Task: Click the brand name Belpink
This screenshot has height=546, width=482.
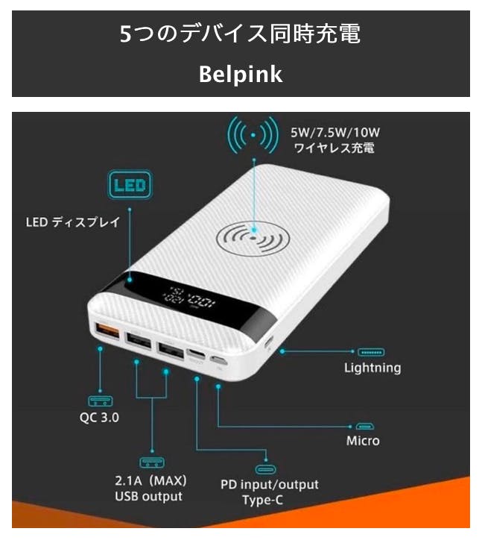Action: coord(241,74)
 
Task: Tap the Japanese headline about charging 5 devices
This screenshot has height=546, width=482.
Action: coord(240,34)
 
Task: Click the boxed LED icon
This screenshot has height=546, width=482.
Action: coord(130,184)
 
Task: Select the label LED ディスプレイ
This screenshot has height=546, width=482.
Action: coord(73,222)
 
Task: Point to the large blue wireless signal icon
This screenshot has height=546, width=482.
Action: coord(253,135)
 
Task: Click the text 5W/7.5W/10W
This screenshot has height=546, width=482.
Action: coord(335,132)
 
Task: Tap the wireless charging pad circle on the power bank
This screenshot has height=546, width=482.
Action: coord(253,238)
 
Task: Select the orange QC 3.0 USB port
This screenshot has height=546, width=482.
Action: coord(107,331)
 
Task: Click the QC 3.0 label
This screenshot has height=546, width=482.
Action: coord(99,417)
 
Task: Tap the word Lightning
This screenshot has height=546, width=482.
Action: coord(372,368)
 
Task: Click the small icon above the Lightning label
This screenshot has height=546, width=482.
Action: coord(371,352)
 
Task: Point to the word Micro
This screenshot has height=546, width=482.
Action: coord(363,441)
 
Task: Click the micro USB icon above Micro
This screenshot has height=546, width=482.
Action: coord(364,426)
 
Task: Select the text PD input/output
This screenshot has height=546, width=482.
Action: coord(270,484)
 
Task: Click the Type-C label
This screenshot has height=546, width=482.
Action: coord(262,501)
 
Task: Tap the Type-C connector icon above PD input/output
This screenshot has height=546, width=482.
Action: coord(266,469)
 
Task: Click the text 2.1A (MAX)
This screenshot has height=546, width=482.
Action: coord(150,481)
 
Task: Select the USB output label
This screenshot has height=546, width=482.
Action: coord(148,496)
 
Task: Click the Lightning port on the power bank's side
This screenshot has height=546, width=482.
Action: coord(269,342)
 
